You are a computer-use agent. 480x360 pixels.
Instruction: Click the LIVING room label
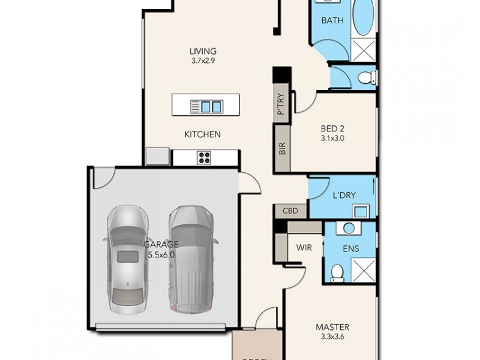[203, 51]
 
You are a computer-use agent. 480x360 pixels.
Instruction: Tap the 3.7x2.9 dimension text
[203, 61]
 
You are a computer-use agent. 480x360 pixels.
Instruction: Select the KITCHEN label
[202, 134]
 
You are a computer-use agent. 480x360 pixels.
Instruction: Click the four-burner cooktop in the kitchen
[205, 158]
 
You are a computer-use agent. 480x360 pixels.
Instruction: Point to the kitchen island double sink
[211, 107]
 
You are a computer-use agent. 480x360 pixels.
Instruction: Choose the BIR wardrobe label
[283, 148]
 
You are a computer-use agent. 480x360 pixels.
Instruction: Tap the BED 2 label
[332, 128]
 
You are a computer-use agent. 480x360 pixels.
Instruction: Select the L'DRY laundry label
[343, 196]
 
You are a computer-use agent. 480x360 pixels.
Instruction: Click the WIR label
[303, 246]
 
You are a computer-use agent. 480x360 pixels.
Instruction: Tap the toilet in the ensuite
[338, 272]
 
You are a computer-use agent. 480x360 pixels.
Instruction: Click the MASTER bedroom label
[332, 327]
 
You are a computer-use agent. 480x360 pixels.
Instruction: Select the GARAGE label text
[161, 244]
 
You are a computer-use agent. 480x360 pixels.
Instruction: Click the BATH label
[332, 20]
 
